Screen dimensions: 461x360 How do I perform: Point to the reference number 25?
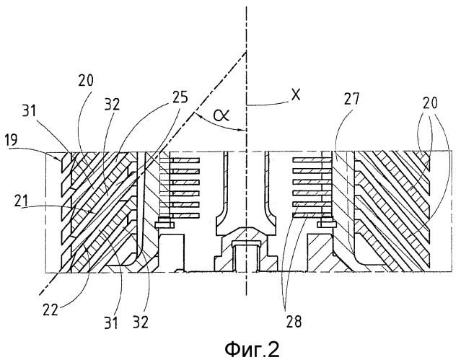179,97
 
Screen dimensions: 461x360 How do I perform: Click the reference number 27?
351,99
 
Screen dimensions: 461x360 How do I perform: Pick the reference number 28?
294,322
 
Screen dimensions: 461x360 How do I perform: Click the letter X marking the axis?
296,95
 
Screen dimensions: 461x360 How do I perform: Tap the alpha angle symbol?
221,115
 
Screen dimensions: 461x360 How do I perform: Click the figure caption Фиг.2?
252,349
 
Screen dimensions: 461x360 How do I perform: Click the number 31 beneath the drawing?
111,322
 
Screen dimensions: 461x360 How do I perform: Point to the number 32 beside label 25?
112,104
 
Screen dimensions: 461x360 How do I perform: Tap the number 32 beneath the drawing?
141,322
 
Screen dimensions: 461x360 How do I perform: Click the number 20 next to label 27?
429,103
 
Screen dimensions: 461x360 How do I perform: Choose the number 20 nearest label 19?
86,80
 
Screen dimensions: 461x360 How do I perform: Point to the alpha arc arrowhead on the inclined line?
196,115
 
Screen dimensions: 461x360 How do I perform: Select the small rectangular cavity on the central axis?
247,255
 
